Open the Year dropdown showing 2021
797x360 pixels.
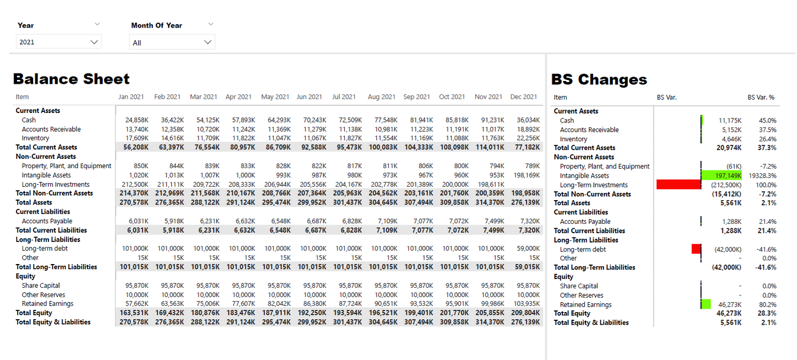[x=58, y=42]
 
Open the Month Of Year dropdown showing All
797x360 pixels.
[x=172, y=42]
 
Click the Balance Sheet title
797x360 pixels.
[x=71, y=79]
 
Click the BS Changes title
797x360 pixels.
[x=599, y=79]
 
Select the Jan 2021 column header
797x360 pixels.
[x=131, y=97]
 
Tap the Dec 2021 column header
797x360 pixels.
[x=523, y=97]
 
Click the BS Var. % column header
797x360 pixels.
[x=761, y=98]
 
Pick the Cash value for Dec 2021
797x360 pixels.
[x=528, y=120]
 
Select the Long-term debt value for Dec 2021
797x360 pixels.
[x=528, y=249]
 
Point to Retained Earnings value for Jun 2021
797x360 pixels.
[x=314, y=304]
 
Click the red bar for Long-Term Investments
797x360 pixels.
[x=678, y=185]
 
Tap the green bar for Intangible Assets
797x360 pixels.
[x=721, y=175]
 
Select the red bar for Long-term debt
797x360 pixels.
[x=696, y=249]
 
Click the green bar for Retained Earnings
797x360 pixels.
[x=705, y=304]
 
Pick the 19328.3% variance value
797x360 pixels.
[x=762, y=176]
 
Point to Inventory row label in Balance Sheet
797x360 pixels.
[x=35, y=138]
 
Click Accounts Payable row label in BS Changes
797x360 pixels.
[x=585, y=222]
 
